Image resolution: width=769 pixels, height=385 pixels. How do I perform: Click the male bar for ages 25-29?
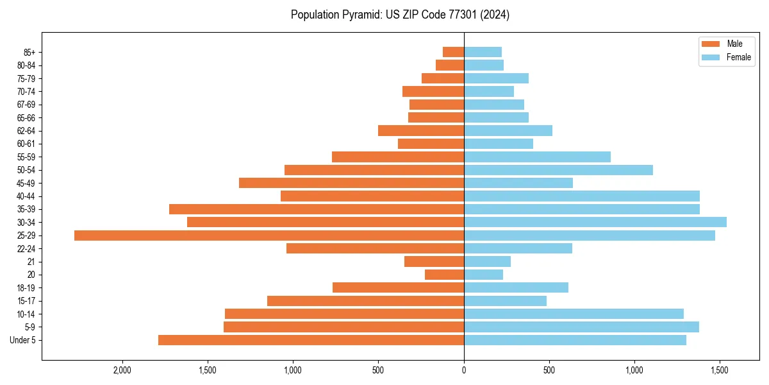click(x=269, y=235)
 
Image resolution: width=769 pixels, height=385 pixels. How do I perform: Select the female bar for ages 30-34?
click(x=595, y=222)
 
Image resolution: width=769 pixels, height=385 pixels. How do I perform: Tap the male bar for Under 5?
click(x=311, y=340)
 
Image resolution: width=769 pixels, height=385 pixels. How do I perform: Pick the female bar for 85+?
click(x=483, y=52)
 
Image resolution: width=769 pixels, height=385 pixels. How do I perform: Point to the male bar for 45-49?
click(x=351, y=183)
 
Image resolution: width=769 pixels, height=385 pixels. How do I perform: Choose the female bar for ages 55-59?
click(x=537, y=157)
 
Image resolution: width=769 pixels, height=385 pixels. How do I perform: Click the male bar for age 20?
click(x=444, y=275)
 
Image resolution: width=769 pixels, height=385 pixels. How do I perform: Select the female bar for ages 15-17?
click(x=505, y=301)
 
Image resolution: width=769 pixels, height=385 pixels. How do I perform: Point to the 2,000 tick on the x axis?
click(x=122, y=370)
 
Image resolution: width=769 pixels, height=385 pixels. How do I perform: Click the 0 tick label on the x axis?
click(x=464, y=370)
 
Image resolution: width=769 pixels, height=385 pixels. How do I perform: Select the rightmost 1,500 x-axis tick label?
click(x=720, y=370)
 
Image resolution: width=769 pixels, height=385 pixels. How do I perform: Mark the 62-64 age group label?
click(x=26, y=131)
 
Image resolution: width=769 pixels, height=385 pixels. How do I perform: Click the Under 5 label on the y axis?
click(x=23, y=340)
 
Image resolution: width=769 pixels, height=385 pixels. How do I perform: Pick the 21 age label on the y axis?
click(x=31, y=262)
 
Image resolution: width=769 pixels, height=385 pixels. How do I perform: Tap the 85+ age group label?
click(x=28, y=52)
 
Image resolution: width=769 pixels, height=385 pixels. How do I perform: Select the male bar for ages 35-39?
click(x=317, y=209)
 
